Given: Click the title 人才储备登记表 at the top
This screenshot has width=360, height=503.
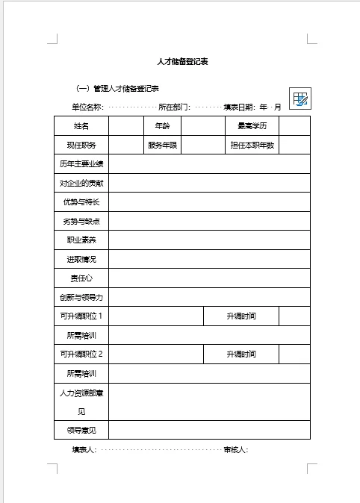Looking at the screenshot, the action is tap(182, 61).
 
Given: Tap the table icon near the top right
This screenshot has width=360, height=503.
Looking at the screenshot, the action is tap(300, 99).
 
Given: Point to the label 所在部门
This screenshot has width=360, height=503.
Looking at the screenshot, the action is tap(174, 107).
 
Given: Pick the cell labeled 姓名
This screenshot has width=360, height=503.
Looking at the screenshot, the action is tap(81, 126).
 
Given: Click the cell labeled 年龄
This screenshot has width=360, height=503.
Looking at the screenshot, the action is tap(162, 126).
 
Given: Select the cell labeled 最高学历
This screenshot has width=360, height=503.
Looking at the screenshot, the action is tap(252, 126).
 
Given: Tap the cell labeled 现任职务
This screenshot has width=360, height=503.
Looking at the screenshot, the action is tap(81, 145).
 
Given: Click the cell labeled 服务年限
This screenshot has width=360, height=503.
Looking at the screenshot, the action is tap(162, 145).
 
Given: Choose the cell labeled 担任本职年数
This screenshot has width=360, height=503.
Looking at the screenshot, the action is tap(252, 145).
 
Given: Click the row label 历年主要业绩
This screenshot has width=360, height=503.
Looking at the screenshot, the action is tap(81, 164).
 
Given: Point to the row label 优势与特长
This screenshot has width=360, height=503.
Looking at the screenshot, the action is tap(81, 202).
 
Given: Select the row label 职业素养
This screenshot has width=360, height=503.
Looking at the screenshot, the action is tap(81, 240).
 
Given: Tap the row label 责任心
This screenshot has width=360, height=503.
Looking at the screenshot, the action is tap(81, 278).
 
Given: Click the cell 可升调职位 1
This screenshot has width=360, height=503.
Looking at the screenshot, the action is tap(81, 316).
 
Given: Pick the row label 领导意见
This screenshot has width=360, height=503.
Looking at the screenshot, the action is tap(81, 431).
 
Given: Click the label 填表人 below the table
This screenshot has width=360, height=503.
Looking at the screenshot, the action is tap(84, 450).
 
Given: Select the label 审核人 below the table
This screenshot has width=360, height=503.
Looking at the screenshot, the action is tap(235, 450).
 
